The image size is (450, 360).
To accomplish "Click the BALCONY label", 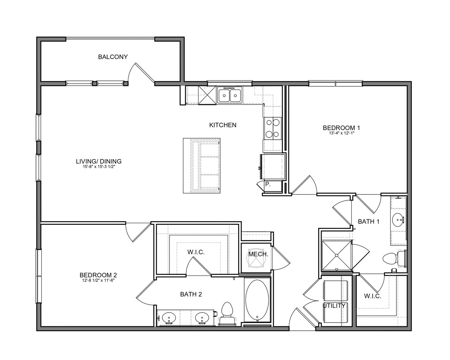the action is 113,57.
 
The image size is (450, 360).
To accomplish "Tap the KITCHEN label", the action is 223,125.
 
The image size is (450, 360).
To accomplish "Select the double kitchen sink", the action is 230,95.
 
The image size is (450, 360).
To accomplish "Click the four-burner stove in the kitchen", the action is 272,128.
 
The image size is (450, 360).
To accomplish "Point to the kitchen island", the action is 201,166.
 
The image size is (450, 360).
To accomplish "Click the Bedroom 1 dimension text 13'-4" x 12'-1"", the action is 342,133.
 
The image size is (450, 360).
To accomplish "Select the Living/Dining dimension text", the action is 98,167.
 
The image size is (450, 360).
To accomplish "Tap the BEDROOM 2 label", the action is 98,275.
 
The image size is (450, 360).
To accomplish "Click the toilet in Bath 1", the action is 395,259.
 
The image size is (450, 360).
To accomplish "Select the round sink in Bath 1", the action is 398,220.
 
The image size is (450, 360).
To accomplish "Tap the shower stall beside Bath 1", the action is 337,256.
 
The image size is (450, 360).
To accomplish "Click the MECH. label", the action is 258,254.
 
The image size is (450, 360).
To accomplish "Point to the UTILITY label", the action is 334,306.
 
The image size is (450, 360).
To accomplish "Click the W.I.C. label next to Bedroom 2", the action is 196,252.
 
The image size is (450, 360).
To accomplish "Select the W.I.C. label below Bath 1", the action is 373,296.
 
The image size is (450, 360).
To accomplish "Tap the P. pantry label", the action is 268,184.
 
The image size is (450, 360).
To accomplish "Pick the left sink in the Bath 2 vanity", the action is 169,318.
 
